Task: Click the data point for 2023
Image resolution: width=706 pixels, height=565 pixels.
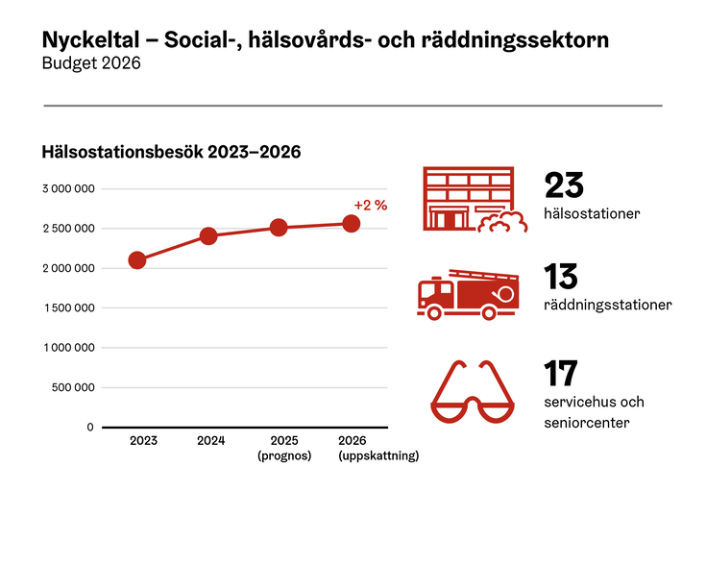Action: (137, 260)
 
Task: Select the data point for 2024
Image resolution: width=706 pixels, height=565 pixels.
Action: (208, 235)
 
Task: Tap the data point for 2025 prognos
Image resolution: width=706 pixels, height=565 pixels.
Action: (279, 228)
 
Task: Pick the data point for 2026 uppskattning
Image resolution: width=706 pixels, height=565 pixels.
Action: (352, 224)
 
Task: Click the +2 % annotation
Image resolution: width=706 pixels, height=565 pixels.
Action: (370, 205)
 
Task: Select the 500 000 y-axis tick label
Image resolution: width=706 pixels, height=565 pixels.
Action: (73, 387)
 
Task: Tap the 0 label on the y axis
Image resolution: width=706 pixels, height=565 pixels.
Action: (90, 427)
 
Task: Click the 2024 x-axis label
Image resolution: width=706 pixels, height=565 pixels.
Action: (210, 441)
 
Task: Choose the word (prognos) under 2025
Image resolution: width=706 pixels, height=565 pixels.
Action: (284, 456)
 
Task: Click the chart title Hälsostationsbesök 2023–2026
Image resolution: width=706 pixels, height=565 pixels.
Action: (172, 152)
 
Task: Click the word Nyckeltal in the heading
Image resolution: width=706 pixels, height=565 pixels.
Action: (88, 40)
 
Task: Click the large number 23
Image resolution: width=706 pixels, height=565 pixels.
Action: (564, 184)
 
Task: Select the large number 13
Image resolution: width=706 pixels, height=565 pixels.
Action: (561, 277)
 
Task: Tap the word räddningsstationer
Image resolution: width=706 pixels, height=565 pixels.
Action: (607, 306)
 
